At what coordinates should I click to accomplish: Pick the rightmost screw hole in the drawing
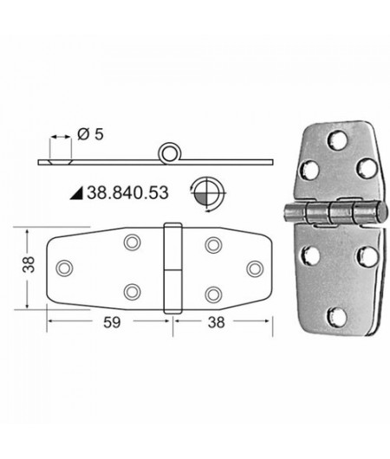coord(254,268)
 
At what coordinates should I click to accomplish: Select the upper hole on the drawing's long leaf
coord(132,244)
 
